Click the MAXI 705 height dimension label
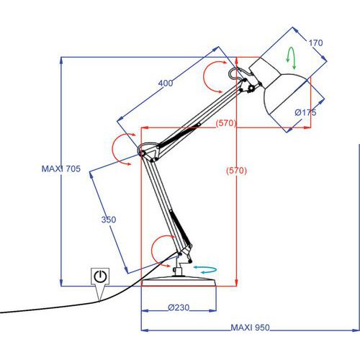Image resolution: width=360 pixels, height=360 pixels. (x=61, y=168)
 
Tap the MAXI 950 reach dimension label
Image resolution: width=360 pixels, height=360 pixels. (x=250, y=328)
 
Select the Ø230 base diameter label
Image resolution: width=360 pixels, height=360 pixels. (x=179, y=307)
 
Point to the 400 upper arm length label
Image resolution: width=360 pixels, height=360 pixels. (x=166, y=83)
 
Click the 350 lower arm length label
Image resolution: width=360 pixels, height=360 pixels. (x=109, y=220)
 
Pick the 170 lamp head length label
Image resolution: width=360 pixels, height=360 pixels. (x=315, y=43)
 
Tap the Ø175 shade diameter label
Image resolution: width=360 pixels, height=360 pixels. (x=305, y=112)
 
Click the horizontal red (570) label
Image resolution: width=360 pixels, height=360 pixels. (x=226, y=123)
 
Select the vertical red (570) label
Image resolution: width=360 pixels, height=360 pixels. (x=236, y=171)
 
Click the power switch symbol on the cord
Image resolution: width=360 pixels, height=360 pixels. (x=100, y=276)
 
